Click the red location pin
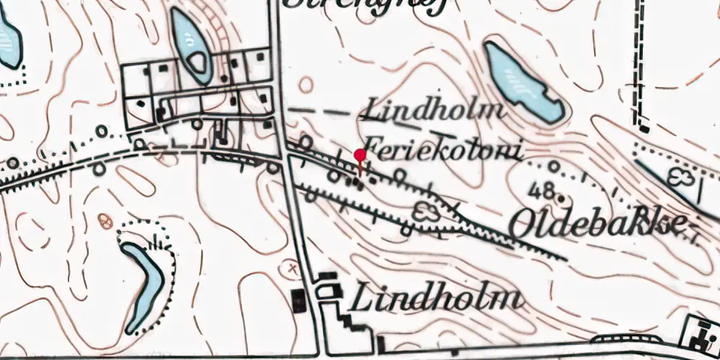pos(360,155)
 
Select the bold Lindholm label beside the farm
pos(435,297)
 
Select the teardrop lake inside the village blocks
pos(192,45)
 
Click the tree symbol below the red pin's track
pos(426,212)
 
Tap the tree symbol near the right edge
pos(680,176)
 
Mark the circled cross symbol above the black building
pos(292,268)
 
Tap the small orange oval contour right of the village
pos(306,85)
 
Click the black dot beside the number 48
pos(561,196)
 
